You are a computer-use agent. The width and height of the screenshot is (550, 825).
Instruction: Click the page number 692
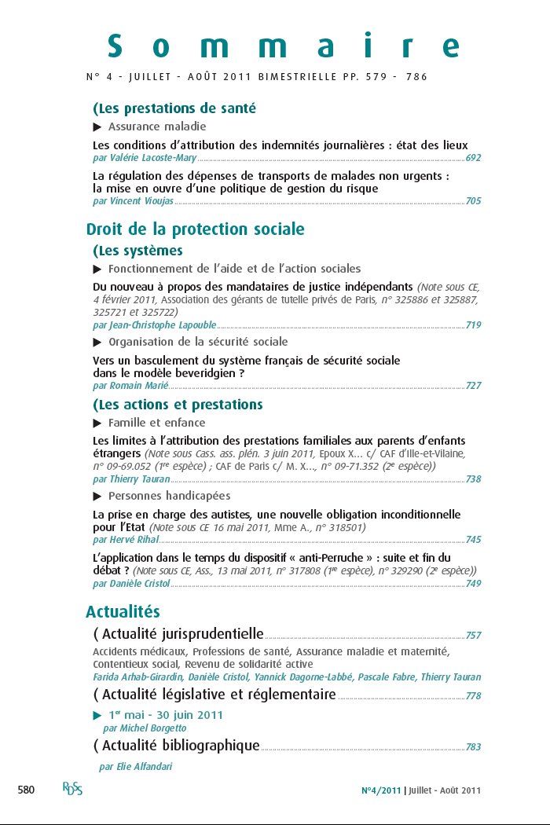click(x=473, y=158)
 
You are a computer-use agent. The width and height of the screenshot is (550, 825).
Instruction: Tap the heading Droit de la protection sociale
click(x=195, y=229)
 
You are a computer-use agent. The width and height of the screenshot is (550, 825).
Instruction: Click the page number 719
click(x=473, y=324)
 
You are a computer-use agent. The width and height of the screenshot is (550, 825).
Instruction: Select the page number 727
click(x=473, y=386)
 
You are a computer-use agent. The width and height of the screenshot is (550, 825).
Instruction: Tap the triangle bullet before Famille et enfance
click(x=97, y=423)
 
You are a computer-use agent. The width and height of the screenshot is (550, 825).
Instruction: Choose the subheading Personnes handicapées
click(x=169, y=496)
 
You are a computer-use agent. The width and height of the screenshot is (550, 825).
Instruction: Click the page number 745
click(x=473, y=540)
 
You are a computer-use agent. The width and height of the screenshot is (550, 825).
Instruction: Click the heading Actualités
click(x=123, y=611)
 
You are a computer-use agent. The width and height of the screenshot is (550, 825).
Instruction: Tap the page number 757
click(x=473, y=636)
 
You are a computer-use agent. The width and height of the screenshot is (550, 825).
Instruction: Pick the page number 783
click(x=473, y=747)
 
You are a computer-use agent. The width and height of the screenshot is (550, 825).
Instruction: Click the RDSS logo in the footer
click(x=73, y=789)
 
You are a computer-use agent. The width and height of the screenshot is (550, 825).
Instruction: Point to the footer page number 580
click(x=27, y=790)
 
